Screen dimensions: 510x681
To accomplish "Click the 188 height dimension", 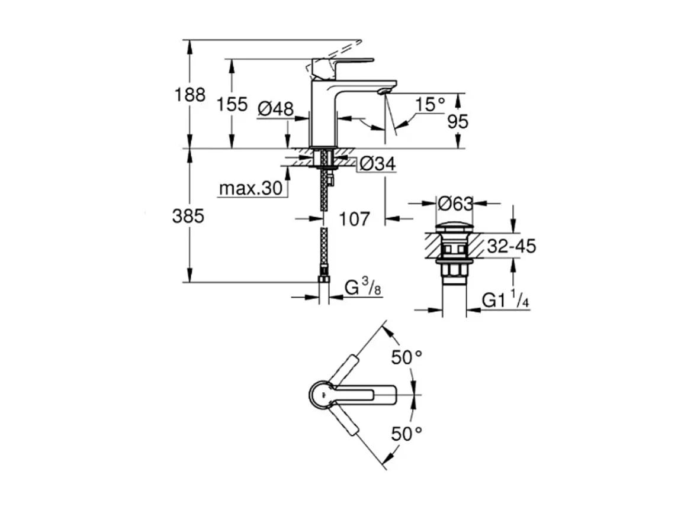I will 190,95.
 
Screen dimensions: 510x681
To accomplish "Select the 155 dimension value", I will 232,105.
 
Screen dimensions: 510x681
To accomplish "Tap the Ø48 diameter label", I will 276,108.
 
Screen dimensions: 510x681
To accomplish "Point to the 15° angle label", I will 429,105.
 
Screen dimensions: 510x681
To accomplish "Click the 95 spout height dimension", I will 457,121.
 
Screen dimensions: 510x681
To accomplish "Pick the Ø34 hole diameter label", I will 377,164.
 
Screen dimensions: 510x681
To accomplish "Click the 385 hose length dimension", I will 188,217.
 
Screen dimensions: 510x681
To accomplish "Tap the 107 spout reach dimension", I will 354,219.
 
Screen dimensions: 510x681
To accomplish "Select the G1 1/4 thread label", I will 505,301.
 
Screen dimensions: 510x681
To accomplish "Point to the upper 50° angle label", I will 406,357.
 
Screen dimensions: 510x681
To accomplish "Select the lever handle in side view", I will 343,62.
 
